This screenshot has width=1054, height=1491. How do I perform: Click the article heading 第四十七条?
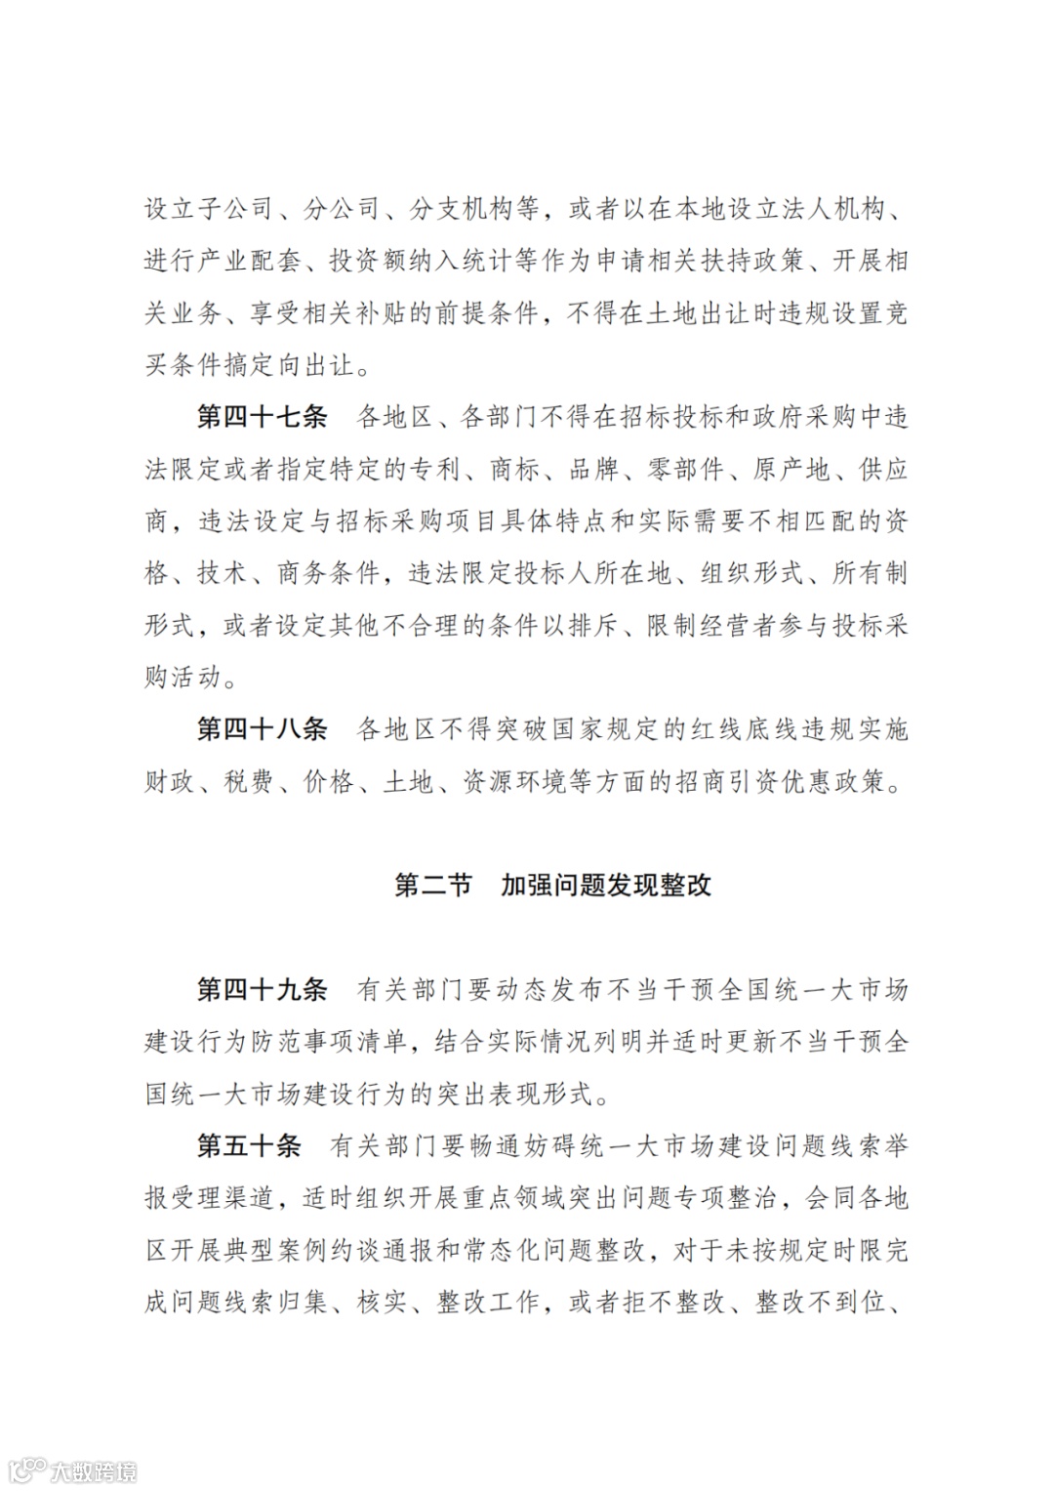(262, 418)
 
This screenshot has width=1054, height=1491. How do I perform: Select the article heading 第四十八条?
(262, 729)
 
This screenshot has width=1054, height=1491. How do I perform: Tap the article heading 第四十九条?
(262, 990)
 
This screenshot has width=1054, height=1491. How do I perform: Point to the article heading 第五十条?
(249, 1145)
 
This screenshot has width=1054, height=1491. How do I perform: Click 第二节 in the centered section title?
(432, 886)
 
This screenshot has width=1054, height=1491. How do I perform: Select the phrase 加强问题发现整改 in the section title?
(606, 886)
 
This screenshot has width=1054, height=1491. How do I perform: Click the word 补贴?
(407, 313)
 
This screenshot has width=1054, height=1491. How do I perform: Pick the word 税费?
(249, 781)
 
